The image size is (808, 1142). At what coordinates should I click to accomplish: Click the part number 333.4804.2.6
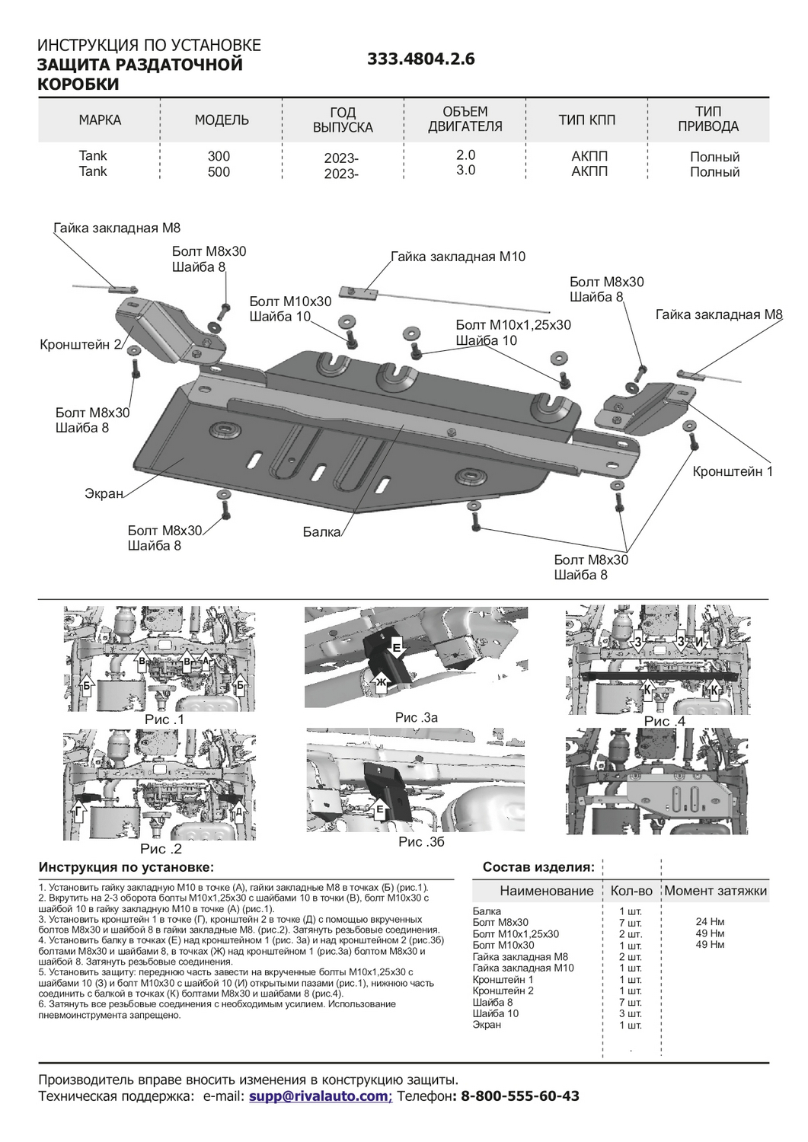(x=420, y=59)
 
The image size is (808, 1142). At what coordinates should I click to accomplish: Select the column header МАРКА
(x=100, y=120)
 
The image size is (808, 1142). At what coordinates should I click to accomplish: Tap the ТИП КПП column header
(x=586, y=120)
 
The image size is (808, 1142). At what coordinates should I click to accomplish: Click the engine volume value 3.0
(x=465, y=171)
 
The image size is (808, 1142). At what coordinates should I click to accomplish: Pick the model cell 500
(x=219, y=172)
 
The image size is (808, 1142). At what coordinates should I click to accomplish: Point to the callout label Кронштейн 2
(x=80, y=345)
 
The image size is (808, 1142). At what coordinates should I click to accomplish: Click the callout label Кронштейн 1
(x=732, y=472)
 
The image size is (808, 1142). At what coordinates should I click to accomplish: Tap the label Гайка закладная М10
(x=458, y=257)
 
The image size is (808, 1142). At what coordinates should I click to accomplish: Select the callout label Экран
(x=104, y=494)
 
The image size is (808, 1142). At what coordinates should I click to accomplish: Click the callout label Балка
(x=321, y=532)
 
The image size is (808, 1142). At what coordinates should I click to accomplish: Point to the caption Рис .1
(x=164, y=719)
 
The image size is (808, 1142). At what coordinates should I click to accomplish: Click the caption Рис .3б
(x=421, y=842)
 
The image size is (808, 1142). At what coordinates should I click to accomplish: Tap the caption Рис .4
(x=664, y=721)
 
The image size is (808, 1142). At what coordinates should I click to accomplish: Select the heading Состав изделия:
(x=538, y=867)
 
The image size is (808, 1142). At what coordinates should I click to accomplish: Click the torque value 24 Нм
(x=710, y=923)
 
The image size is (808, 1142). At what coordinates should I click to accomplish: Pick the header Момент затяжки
(x=715, y=891)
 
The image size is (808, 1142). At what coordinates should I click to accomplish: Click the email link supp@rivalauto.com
(x=318, y=1096)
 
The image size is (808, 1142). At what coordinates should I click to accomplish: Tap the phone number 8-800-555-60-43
(x=520, y=1096)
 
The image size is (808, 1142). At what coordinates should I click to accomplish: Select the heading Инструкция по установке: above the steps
(x=126, y=867)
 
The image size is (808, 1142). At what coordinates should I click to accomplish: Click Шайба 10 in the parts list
(x=495, y=1013)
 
